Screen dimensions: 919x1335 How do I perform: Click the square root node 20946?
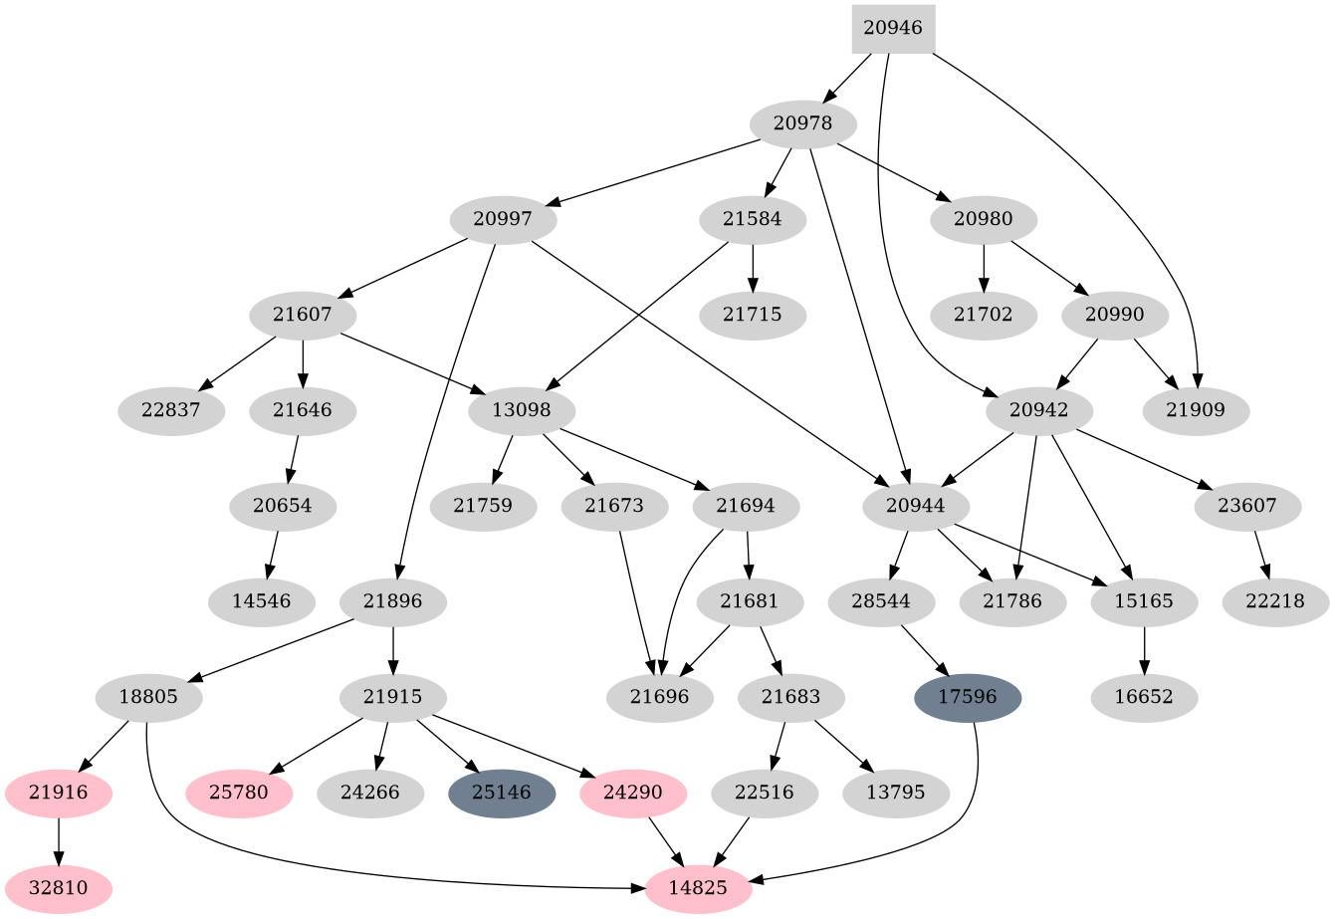pos(893,29)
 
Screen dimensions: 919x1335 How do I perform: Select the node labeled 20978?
pos(803,124)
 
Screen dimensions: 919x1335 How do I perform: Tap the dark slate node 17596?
pos(968,697)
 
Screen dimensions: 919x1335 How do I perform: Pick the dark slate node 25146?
pos(502,794)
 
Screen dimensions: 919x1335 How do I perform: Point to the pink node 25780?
pos(240,794)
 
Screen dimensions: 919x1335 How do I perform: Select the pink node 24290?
pos(633,794)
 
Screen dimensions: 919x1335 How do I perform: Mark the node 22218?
pos(1274,601)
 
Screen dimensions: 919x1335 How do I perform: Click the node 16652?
pos(1145,697)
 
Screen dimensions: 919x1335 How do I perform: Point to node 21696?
pos(660,697)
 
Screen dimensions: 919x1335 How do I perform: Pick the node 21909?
pos(1197,410)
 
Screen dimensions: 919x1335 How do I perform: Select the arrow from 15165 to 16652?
pos(1145,649)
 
